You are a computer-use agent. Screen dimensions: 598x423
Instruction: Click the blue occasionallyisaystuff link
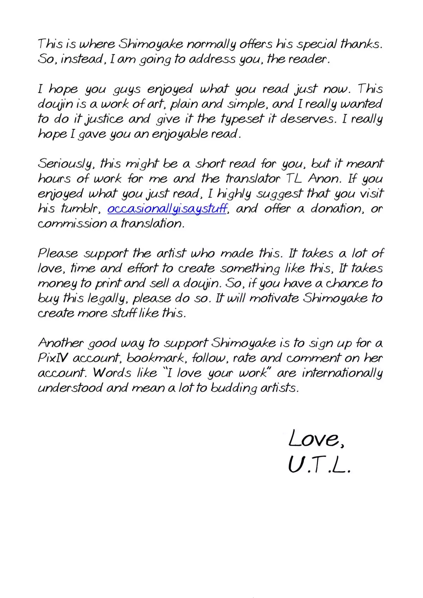(167, 209)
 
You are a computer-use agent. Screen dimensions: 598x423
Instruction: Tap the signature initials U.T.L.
(319, 466)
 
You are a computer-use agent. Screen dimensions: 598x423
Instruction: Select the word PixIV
(53, 358)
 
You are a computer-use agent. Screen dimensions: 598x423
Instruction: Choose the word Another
(61, 343)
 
